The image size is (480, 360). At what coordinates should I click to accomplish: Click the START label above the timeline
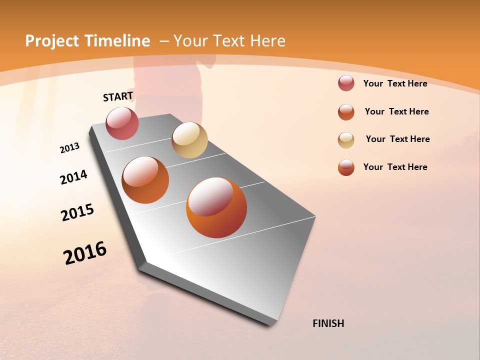[x=118, y=96]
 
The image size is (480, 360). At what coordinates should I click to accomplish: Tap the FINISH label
[x=328, y=323]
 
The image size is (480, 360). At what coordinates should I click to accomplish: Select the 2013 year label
[x=70, y=148]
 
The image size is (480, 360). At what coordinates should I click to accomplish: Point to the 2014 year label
[x=74, y=177]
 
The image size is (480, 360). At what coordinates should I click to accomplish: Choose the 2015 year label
[x=77, y=212]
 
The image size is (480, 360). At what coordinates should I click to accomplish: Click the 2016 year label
[x=85, y=253]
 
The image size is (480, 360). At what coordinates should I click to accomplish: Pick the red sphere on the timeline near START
[x=122, y=123]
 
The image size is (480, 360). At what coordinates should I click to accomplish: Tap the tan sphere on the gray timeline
[x=189, y=140]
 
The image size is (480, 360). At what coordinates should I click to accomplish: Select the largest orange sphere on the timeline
[x=216, y=207]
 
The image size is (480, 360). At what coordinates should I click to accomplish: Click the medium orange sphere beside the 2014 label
[x=145, y=180]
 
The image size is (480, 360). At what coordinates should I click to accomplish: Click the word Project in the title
[x=52, y=41]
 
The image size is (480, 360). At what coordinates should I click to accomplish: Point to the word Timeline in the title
[x=117, y=41]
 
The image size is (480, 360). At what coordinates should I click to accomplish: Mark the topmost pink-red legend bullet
[x=346, y=83]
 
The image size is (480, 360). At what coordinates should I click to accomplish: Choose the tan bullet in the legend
[x=346, y=139]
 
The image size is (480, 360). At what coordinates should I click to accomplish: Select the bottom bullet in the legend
[x=346, y=167]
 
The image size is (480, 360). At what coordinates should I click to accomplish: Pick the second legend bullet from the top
[x=346, y=111]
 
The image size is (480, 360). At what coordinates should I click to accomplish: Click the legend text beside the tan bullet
[x=397, y=139]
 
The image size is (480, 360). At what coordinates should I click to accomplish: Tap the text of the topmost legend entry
[x=395, y=83]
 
